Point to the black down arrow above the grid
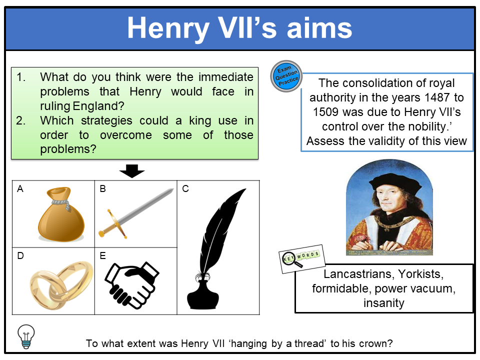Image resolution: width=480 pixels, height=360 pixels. coord(132,172)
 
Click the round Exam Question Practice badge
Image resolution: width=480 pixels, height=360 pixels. coord(286,76)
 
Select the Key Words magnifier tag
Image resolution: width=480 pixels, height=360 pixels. coord(301,258)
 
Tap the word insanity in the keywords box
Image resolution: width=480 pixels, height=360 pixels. coord(383,302)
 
